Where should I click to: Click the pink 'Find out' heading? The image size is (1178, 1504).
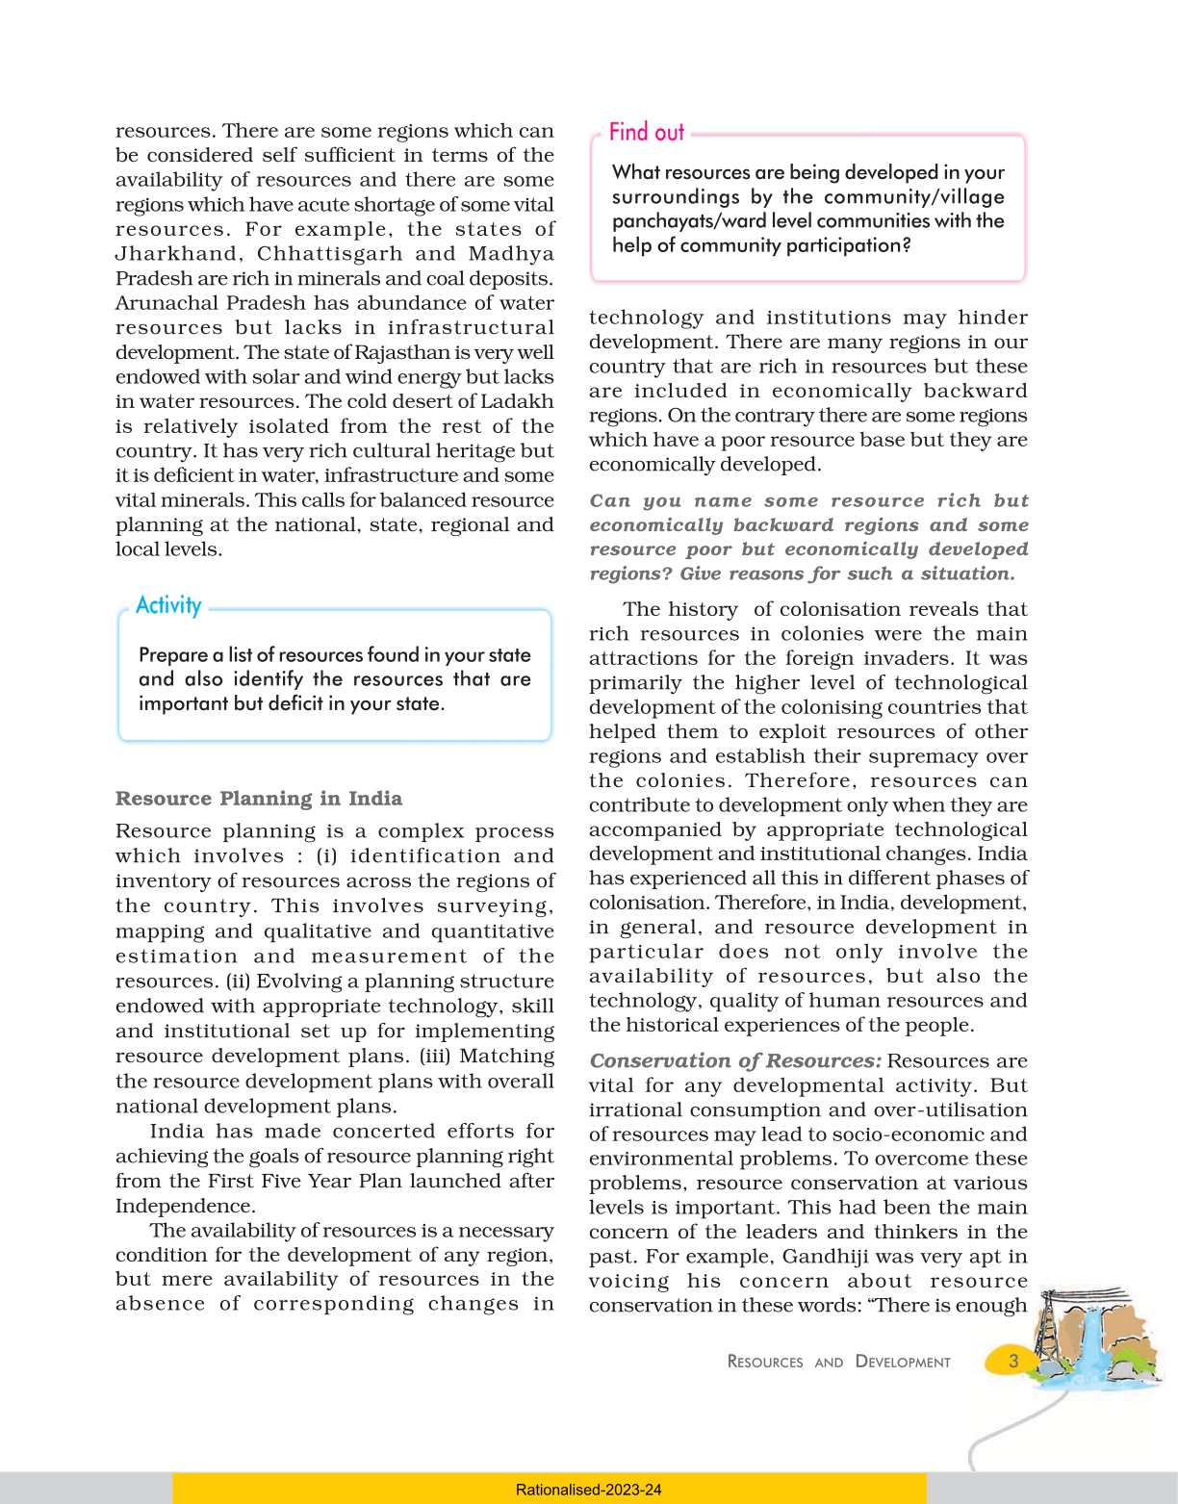point(646,133)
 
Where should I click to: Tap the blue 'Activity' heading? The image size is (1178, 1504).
point(168,605)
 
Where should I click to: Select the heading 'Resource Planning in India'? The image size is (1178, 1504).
point(259,799)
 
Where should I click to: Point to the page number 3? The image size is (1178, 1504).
point(1012,1361)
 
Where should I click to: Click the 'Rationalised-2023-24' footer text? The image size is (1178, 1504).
point(588,1490)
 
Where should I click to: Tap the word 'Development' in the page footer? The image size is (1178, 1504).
point(902,1362)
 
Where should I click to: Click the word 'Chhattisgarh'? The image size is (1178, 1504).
point(336,254)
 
